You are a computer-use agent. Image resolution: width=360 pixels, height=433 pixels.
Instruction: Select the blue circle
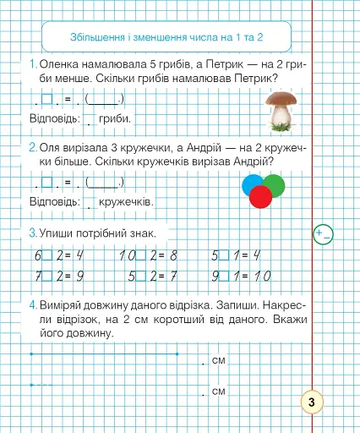253,184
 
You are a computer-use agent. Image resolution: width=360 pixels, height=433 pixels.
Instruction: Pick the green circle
272,184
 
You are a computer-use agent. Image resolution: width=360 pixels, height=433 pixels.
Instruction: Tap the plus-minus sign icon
322,233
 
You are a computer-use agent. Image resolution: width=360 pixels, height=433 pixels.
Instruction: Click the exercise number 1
31,64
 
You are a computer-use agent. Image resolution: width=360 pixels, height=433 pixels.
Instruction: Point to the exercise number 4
31,304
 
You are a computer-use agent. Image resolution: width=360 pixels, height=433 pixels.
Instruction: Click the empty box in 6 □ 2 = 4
47,255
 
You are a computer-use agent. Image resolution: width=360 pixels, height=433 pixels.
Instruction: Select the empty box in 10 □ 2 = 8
145,255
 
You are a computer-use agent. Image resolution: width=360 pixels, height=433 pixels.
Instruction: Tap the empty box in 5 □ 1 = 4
226,255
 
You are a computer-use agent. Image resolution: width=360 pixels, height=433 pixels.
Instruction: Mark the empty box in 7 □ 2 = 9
47,275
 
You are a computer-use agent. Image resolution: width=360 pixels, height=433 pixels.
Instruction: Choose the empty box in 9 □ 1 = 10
226,275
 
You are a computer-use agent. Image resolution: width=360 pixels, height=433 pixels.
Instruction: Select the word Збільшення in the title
94,37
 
